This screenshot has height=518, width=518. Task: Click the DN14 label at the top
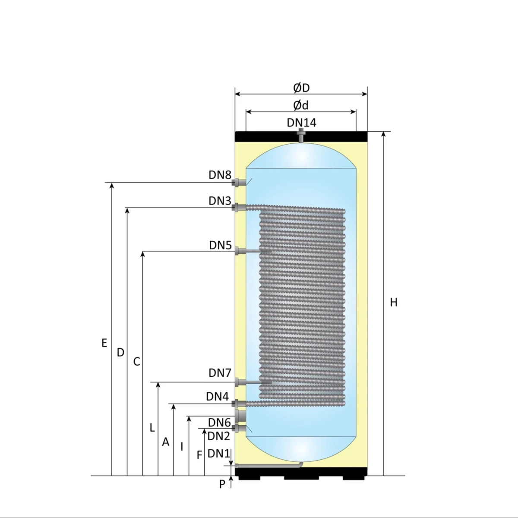coord(301,123)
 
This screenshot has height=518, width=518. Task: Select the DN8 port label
coord(220,175)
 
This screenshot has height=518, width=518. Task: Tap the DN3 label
coord(220,201)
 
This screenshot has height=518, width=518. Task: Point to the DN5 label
coord(221,245)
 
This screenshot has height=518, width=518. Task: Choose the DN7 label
coord(220,373)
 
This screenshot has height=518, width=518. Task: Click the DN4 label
coord(218,396)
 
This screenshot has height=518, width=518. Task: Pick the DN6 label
coord(219,423)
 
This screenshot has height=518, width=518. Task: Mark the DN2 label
coord(218,436)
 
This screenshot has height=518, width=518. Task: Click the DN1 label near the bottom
coord(219,453)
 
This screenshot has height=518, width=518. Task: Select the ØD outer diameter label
coord(301,88)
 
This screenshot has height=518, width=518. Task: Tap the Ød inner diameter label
coord(301,105)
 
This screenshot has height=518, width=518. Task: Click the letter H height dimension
coord(393,303)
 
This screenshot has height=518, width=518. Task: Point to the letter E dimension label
coord(104,343)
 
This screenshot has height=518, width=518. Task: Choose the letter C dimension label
coord(136,362)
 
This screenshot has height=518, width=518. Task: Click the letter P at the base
coord(222,484)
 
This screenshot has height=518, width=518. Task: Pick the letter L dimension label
coord(152,428)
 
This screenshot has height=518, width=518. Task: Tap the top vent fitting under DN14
coord(301,136)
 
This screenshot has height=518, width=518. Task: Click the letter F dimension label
coord(199,455)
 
